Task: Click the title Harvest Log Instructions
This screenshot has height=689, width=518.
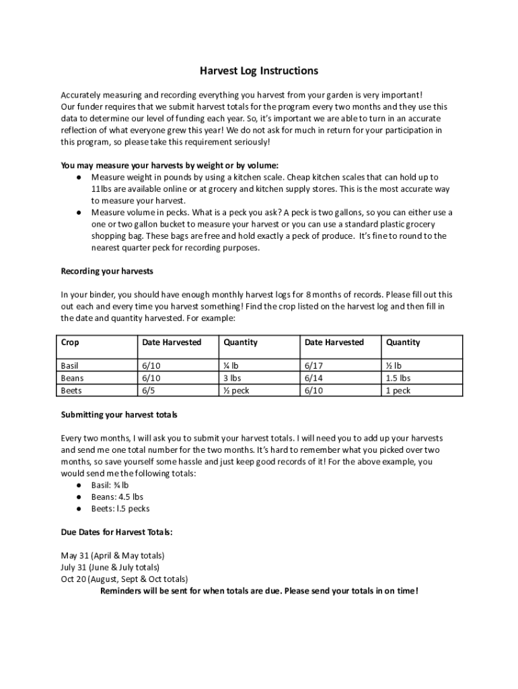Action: (259, 71)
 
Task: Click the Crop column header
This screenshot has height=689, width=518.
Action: (70, 342)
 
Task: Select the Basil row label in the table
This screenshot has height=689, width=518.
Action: (70, 366)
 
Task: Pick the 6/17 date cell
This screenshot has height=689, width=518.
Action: (314, 366)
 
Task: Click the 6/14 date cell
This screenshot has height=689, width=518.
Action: (314, 378)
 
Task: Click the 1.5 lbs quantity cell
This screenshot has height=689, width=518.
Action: (398, 378)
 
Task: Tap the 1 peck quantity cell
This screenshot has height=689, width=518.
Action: (398, 390)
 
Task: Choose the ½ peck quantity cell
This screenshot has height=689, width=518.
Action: (236, 390)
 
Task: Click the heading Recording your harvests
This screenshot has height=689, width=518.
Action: (107, 271)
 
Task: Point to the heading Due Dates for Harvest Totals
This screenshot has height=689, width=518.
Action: (116, 532)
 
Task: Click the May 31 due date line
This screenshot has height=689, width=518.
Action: (112, 556)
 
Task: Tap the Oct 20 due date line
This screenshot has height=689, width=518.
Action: (124, 579)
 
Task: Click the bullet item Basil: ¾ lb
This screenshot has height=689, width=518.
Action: (110, 485)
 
